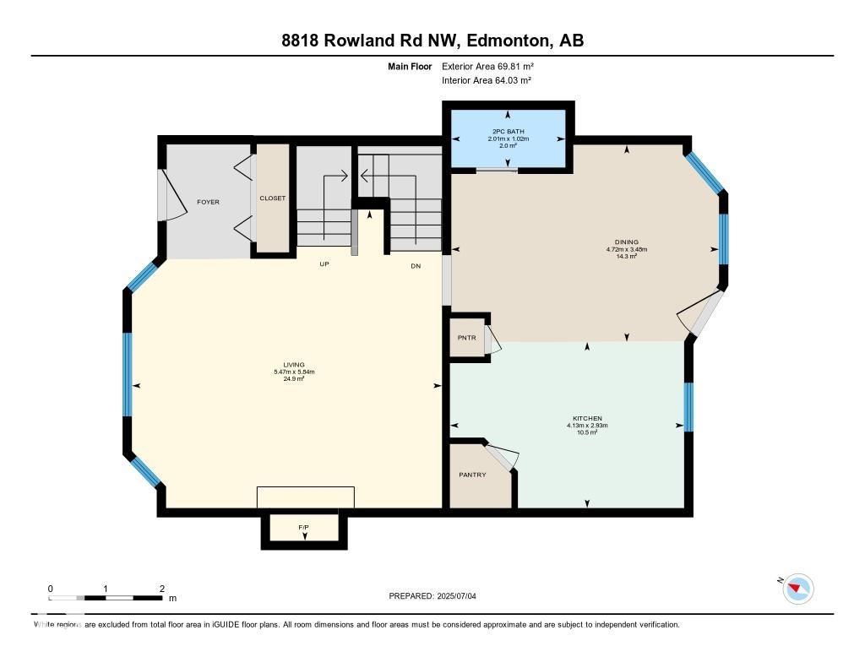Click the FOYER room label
click(208, 202)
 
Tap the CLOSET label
click(273, 198)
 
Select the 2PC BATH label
click(508, 131)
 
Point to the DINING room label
click(627, 242)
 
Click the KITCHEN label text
click(587, 418)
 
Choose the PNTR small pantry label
click(466, 338)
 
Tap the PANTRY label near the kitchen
click(473, 475)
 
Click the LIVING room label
click(294, 365)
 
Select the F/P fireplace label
click(303, 527)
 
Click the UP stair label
click(324, 264)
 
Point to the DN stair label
click(416, 266)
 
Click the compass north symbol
click(797, 589)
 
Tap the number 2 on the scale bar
click(162, 589)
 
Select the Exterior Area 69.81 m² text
click(487, 66)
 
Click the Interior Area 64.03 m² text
click(487, 80)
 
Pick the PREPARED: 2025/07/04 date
click(432, 595)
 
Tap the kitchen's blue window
click(688, 406)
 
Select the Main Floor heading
click(410, 66)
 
